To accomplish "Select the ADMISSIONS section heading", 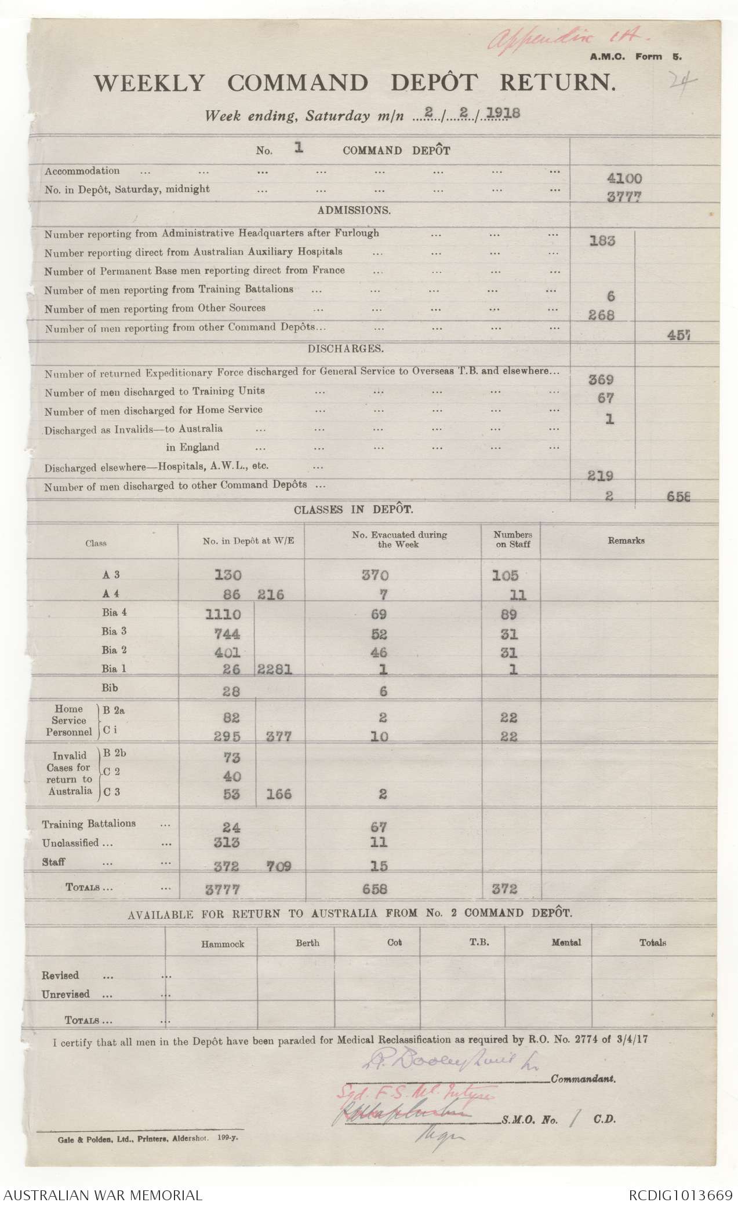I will [354, 210].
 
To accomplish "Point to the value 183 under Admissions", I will [602, 241].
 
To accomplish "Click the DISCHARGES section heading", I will [354, 349].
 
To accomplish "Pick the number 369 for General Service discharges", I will [601, 380].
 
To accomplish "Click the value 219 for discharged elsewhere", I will [601, 476].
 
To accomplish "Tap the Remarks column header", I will [626, 540].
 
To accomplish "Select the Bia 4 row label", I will [114, 613].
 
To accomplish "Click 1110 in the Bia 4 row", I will [223, 614].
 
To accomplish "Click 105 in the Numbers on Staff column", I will [505, 575].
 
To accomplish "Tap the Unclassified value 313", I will [223, 843].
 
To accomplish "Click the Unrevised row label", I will [66, 994].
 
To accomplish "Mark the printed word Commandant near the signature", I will [583, 1079].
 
